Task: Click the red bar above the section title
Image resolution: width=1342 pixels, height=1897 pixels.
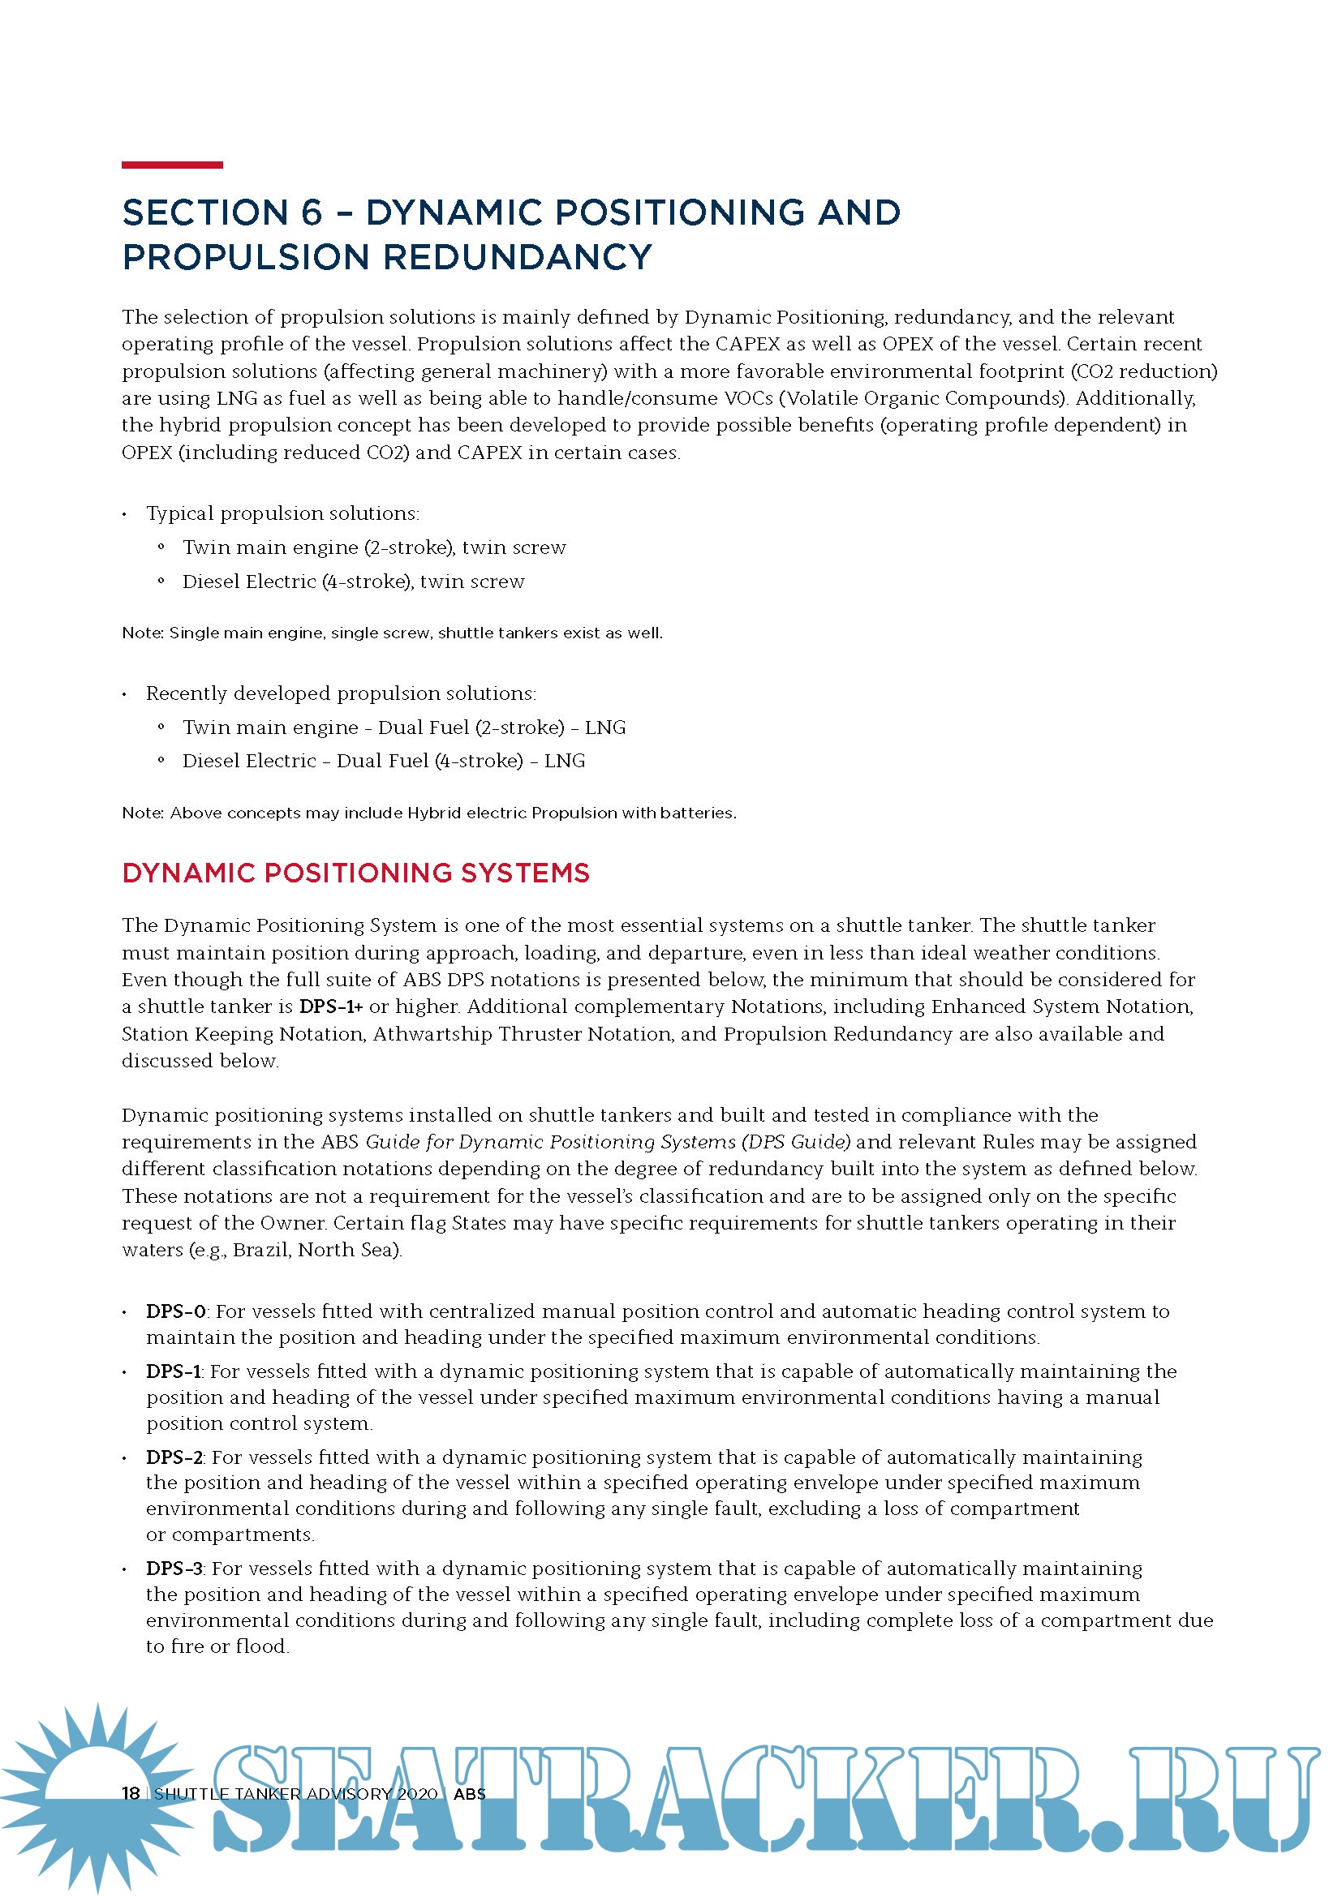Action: (172, 165)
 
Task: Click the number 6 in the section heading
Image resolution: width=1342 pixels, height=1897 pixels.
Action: (312, 212)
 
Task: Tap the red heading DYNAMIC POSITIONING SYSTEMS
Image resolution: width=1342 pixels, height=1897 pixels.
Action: (355, 873)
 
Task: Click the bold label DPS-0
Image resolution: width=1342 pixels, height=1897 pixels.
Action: (176, 1311)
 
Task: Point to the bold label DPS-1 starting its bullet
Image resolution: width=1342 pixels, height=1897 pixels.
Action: (174, 1371)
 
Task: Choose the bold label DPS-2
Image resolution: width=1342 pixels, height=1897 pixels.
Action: (174, 1457)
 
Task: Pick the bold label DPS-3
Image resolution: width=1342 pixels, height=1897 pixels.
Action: (174, 1569)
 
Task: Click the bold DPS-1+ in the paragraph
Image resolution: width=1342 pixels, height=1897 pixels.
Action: (330, 1006)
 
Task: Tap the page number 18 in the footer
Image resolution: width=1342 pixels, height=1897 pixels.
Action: (131, 1793)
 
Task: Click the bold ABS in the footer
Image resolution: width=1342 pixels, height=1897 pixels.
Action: (469, 1793)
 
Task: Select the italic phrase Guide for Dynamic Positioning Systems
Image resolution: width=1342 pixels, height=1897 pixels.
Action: (552, 1142)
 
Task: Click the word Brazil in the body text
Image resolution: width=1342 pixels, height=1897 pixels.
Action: (260, 1250)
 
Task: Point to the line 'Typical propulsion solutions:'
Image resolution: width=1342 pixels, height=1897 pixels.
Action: (282, 513)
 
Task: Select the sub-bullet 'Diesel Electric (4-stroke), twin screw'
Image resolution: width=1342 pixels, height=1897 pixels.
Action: (353, 582)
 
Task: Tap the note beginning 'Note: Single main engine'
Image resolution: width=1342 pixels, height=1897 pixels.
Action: (392, 633)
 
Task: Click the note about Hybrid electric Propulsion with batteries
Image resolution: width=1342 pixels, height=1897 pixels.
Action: (428, 813)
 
